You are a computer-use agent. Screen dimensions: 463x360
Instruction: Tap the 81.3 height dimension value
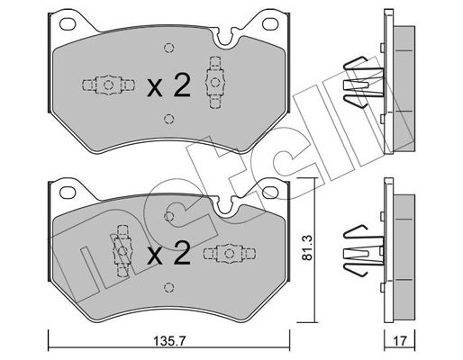(308, 247)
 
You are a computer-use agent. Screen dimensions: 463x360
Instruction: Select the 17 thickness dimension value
(400, 340)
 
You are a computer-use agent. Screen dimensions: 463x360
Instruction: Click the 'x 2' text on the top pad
(168, 85)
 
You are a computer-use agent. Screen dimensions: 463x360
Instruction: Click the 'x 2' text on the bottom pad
(168, 253)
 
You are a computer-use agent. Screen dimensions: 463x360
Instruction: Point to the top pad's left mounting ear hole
(68, 24)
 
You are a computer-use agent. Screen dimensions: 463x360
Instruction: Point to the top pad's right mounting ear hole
(270, 24)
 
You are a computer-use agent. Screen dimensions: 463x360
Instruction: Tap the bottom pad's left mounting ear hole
(68, 192)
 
